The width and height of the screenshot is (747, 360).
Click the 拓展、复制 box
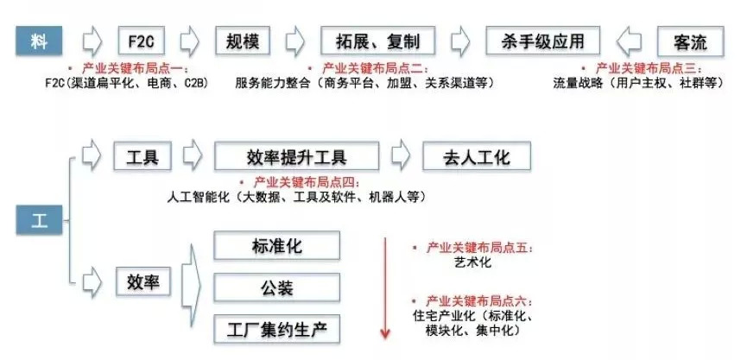tap(377, 41)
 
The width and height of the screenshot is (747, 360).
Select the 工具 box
tap(142, 157)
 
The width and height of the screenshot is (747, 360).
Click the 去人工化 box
tap(477, 157)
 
